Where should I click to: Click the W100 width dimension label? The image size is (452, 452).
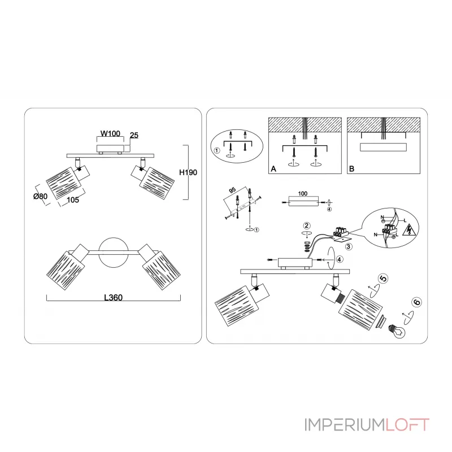[x=111, y=134]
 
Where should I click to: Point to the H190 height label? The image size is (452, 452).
[x=188, y=173]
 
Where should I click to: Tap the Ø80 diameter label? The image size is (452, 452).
[x=40, y=196]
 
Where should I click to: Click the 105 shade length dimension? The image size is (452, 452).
[x=72, y=199]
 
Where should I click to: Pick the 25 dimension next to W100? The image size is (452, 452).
[x=134, y=136]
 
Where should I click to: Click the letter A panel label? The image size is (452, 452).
[x=273, y=168]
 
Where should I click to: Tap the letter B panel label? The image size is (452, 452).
[x=352, y=168]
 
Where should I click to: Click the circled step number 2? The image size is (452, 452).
[x=307, y=226]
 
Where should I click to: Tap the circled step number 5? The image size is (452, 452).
[x=383, y=278]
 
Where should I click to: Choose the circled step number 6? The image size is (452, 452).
[x=416, y=302]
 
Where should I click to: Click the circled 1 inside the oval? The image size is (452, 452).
[x=216, y=150]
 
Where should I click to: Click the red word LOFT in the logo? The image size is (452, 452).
[x=408, y=424]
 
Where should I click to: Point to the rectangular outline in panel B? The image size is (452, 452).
[x=383, y=147]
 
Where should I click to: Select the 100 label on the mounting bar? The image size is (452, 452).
[x=303, y=193]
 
